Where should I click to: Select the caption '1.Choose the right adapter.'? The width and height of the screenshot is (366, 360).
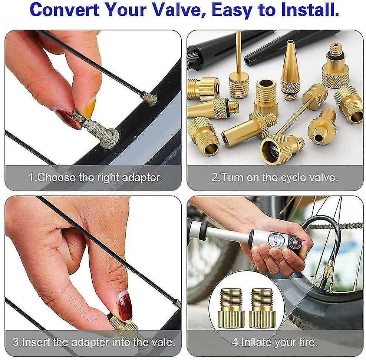96,177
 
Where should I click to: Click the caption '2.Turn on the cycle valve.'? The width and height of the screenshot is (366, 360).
274,177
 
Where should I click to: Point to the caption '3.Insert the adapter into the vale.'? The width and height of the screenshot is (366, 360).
94,341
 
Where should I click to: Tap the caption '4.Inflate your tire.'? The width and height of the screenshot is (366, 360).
274,341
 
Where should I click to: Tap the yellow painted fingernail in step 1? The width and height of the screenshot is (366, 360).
90,107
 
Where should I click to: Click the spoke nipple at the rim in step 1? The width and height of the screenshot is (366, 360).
149,99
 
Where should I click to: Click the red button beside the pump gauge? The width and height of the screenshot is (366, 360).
296,243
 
